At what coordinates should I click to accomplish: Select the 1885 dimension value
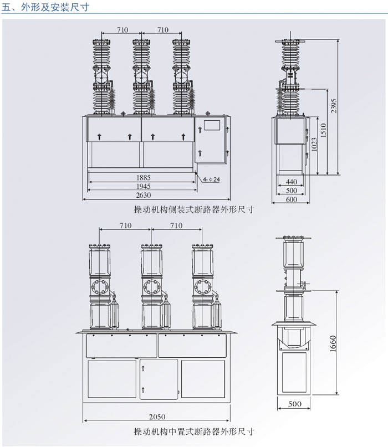(x=143, y=177)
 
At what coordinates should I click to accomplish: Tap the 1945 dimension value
(x=143, y=186)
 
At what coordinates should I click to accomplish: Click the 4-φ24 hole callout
(x=211, y=180)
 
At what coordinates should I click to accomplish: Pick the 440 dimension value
(x=292, y=182)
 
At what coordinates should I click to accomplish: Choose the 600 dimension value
(x=292, y=200)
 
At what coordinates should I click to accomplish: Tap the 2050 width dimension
(x=157, y=417)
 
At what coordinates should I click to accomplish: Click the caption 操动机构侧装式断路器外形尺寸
(x=193, y=210)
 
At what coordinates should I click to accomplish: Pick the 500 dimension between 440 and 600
(x=292, y=191)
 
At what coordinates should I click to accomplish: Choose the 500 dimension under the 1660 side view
(x=295, y=404)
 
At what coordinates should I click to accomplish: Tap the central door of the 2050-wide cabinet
(x=159, y=378)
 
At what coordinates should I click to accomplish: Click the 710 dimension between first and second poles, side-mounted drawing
(x=122, y=29)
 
